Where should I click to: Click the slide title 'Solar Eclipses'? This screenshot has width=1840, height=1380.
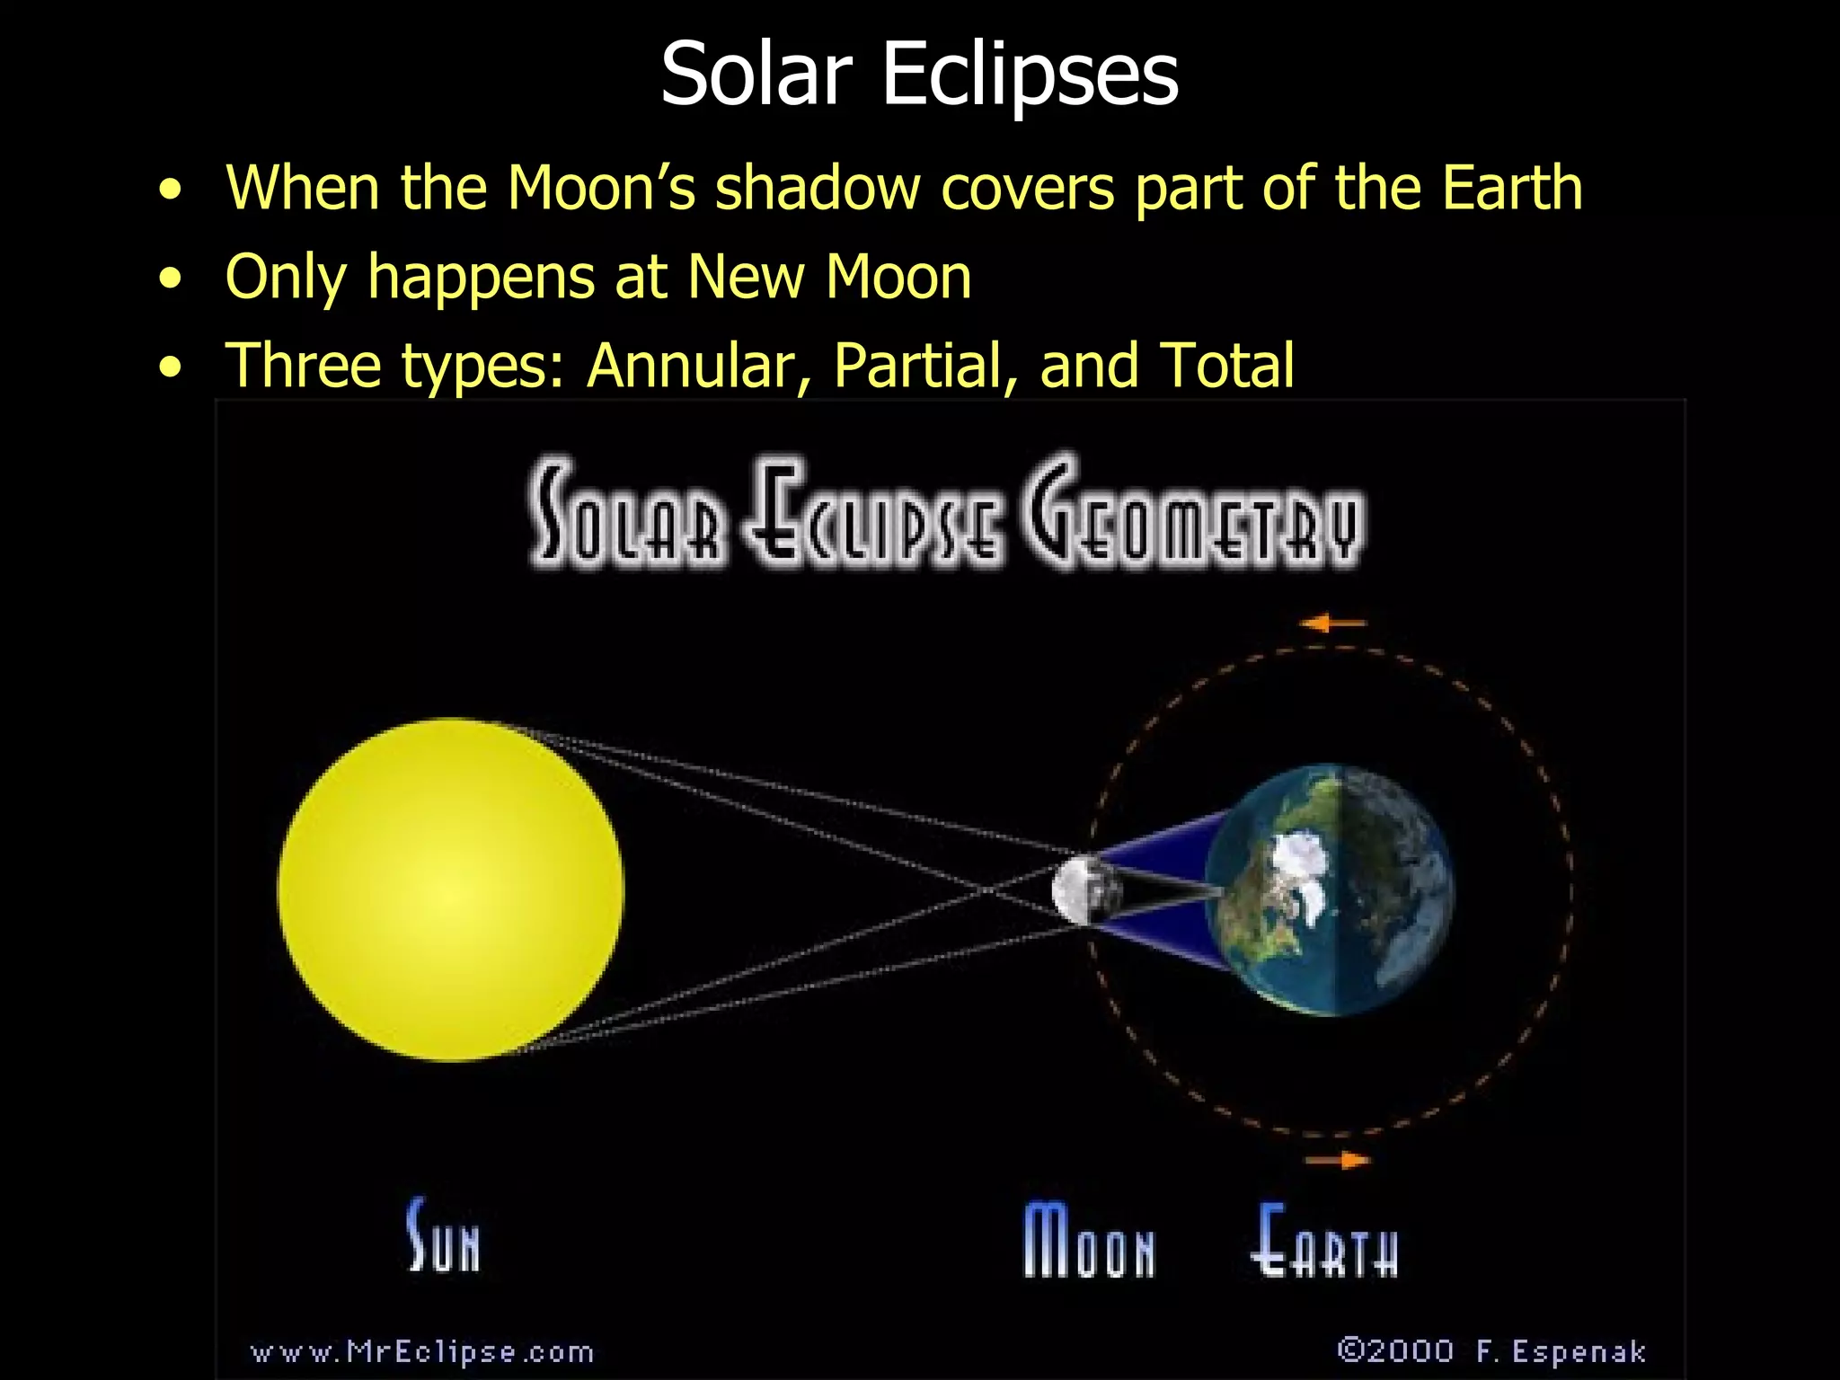pyautogui.click(x=919, y=74)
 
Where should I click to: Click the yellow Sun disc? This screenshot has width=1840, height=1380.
pyautogui.click(x=450, y=889)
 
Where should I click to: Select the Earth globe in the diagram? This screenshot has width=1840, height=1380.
pyautogui.click(x=1328, y=889)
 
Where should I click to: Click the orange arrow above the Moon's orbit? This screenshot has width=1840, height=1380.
pyautogui.click(x=1333, y=623)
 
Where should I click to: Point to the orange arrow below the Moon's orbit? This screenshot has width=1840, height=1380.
pyautogui.click(x=1339, y=1161)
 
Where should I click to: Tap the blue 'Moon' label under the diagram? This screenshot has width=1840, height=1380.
pyautogui.click(x=1089, y=1241)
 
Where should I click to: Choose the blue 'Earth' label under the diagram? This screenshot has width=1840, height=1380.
pyautogui.click(x=1324, y=1241)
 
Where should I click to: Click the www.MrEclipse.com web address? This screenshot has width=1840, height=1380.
pyautogui.click(x=422, y=1351)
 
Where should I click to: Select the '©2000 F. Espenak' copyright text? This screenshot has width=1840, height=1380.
pyautogui.click(x=1491, y=1350)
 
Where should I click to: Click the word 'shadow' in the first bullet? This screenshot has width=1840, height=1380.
pyautogui.click(x=818, y=188)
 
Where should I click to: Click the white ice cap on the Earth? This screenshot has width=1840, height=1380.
pyautogui.click(x=1294, y=862)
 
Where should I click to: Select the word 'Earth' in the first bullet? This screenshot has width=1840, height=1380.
pyautogui.click(x=1511, y=188)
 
